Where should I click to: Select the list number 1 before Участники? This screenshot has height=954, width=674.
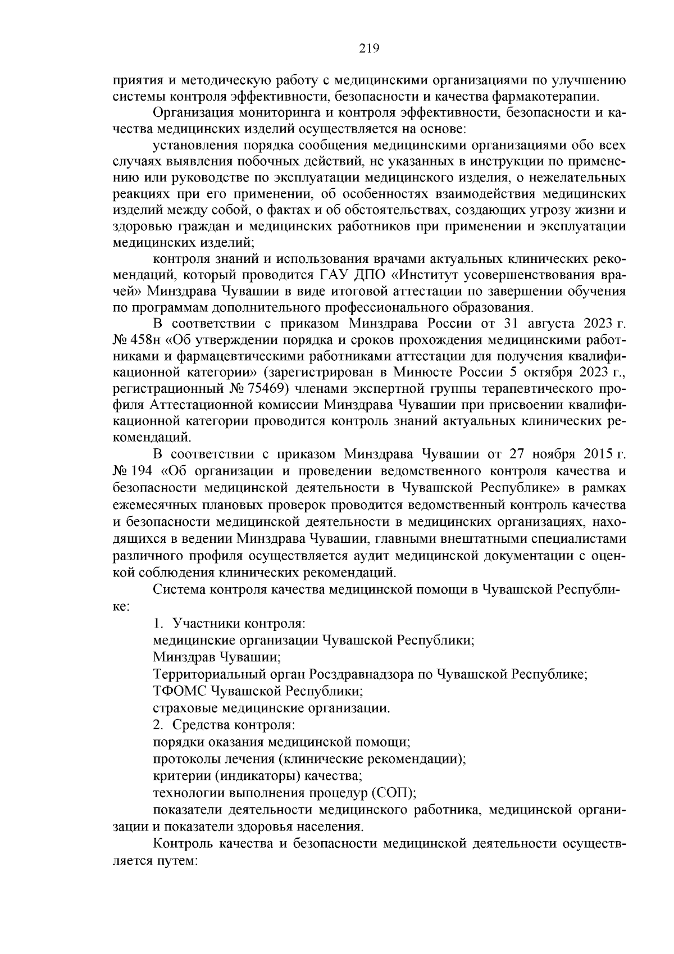pos(158,624)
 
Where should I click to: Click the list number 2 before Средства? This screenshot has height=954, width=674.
pos(158,725)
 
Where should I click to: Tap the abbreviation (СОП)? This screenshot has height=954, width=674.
pos(393,793)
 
